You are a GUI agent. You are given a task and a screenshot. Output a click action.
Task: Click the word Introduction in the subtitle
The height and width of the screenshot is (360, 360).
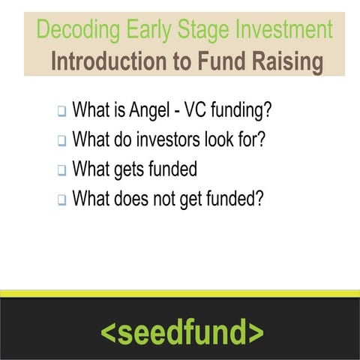108,61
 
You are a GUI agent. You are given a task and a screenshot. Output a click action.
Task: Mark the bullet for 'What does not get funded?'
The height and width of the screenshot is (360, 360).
61,200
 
